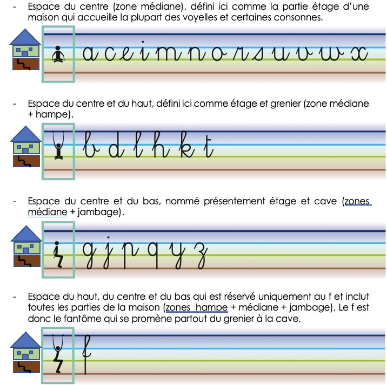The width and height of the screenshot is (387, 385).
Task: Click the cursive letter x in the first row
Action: [359, 54]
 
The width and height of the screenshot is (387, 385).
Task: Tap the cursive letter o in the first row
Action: [219, 54]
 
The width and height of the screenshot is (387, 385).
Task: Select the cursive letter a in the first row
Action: [90, 54]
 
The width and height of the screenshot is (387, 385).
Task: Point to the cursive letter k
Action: [188, 145]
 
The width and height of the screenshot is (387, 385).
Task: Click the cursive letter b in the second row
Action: [91, 145]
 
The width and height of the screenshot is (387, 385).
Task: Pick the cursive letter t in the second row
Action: [209, 146]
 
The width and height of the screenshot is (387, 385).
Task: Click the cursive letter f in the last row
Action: [86, 354]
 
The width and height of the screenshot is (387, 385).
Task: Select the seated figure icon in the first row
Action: [58, 54]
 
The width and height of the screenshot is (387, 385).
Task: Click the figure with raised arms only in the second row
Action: [58, 145]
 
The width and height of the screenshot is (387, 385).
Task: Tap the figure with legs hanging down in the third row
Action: [58, 255]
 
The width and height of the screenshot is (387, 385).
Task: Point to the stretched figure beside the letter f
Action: [58, 354]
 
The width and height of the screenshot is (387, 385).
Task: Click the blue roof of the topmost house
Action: [25, 37]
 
